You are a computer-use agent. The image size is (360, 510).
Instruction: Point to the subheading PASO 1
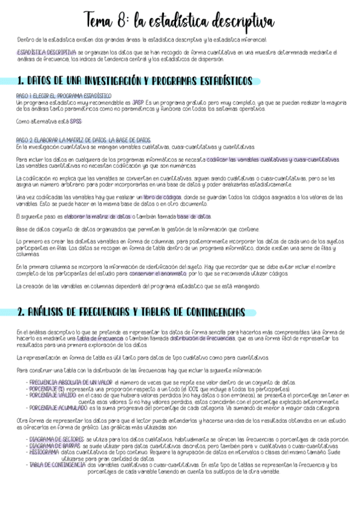[63, 96]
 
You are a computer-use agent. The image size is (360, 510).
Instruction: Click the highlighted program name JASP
[138, 102]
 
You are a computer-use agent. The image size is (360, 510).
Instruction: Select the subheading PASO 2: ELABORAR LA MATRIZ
[83, 140]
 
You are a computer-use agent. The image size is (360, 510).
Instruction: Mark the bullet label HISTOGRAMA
[44, 453]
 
